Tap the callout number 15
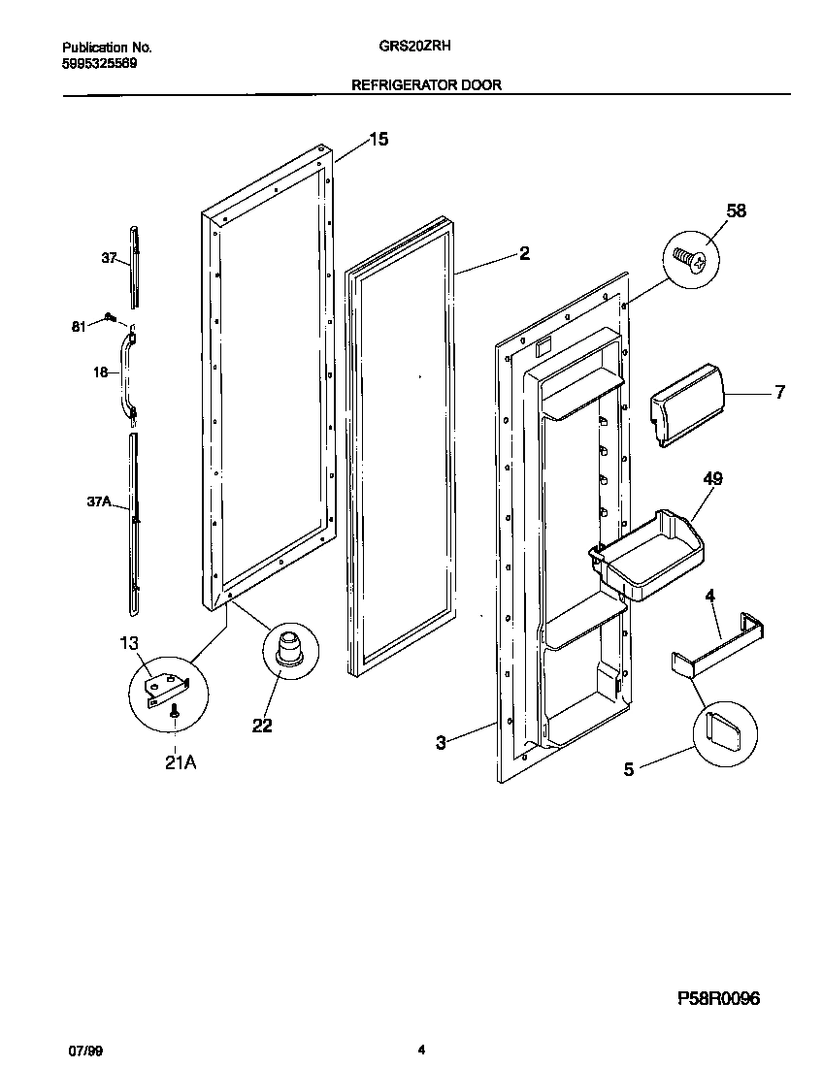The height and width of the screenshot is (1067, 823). point(378,140)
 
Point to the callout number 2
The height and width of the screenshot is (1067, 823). point(524,254)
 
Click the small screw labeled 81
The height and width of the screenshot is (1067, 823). point(111,317)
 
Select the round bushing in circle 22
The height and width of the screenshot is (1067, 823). point(289,645)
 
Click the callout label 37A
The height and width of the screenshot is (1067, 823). point(99,501)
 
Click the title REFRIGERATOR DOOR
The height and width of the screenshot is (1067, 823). point(426,85)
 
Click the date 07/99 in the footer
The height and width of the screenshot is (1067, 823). point(82,1050)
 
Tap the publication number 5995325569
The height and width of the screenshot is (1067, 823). point(99,63)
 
